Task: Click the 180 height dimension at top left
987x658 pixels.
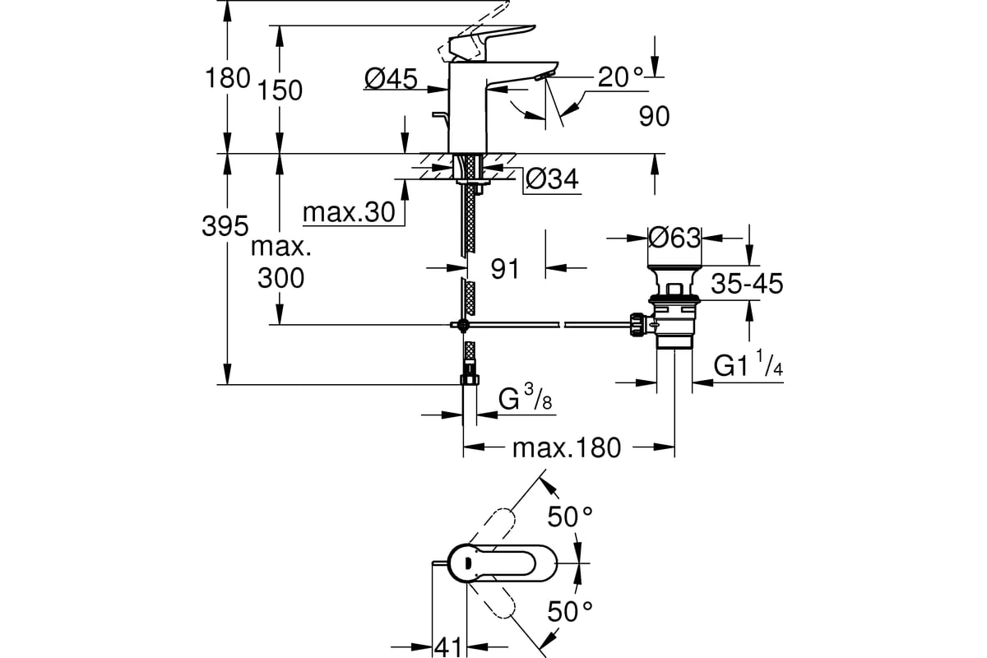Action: click(x=227, y=78)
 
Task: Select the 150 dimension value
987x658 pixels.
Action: click(x=280, y=90)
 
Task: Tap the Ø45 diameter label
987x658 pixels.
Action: click(x=391, y=78)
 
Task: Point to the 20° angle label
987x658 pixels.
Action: click(x=621, y=77)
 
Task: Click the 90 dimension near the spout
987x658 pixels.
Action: click(x=654, y=117)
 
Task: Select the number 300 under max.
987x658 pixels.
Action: click(x=280, y=278)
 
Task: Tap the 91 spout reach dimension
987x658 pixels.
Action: click(x=503, y=267)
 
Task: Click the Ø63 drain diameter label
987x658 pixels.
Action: click(x=674, y=238)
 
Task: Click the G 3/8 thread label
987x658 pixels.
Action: click(x=525, y=401)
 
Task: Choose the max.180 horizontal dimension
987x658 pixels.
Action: click(x=566, y=448)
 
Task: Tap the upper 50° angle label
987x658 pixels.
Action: click(x=571, y=517)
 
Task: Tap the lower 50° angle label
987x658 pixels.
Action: click(x=571, y=611)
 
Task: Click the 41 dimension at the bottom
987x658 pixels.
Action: click(x=447, y=646)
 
